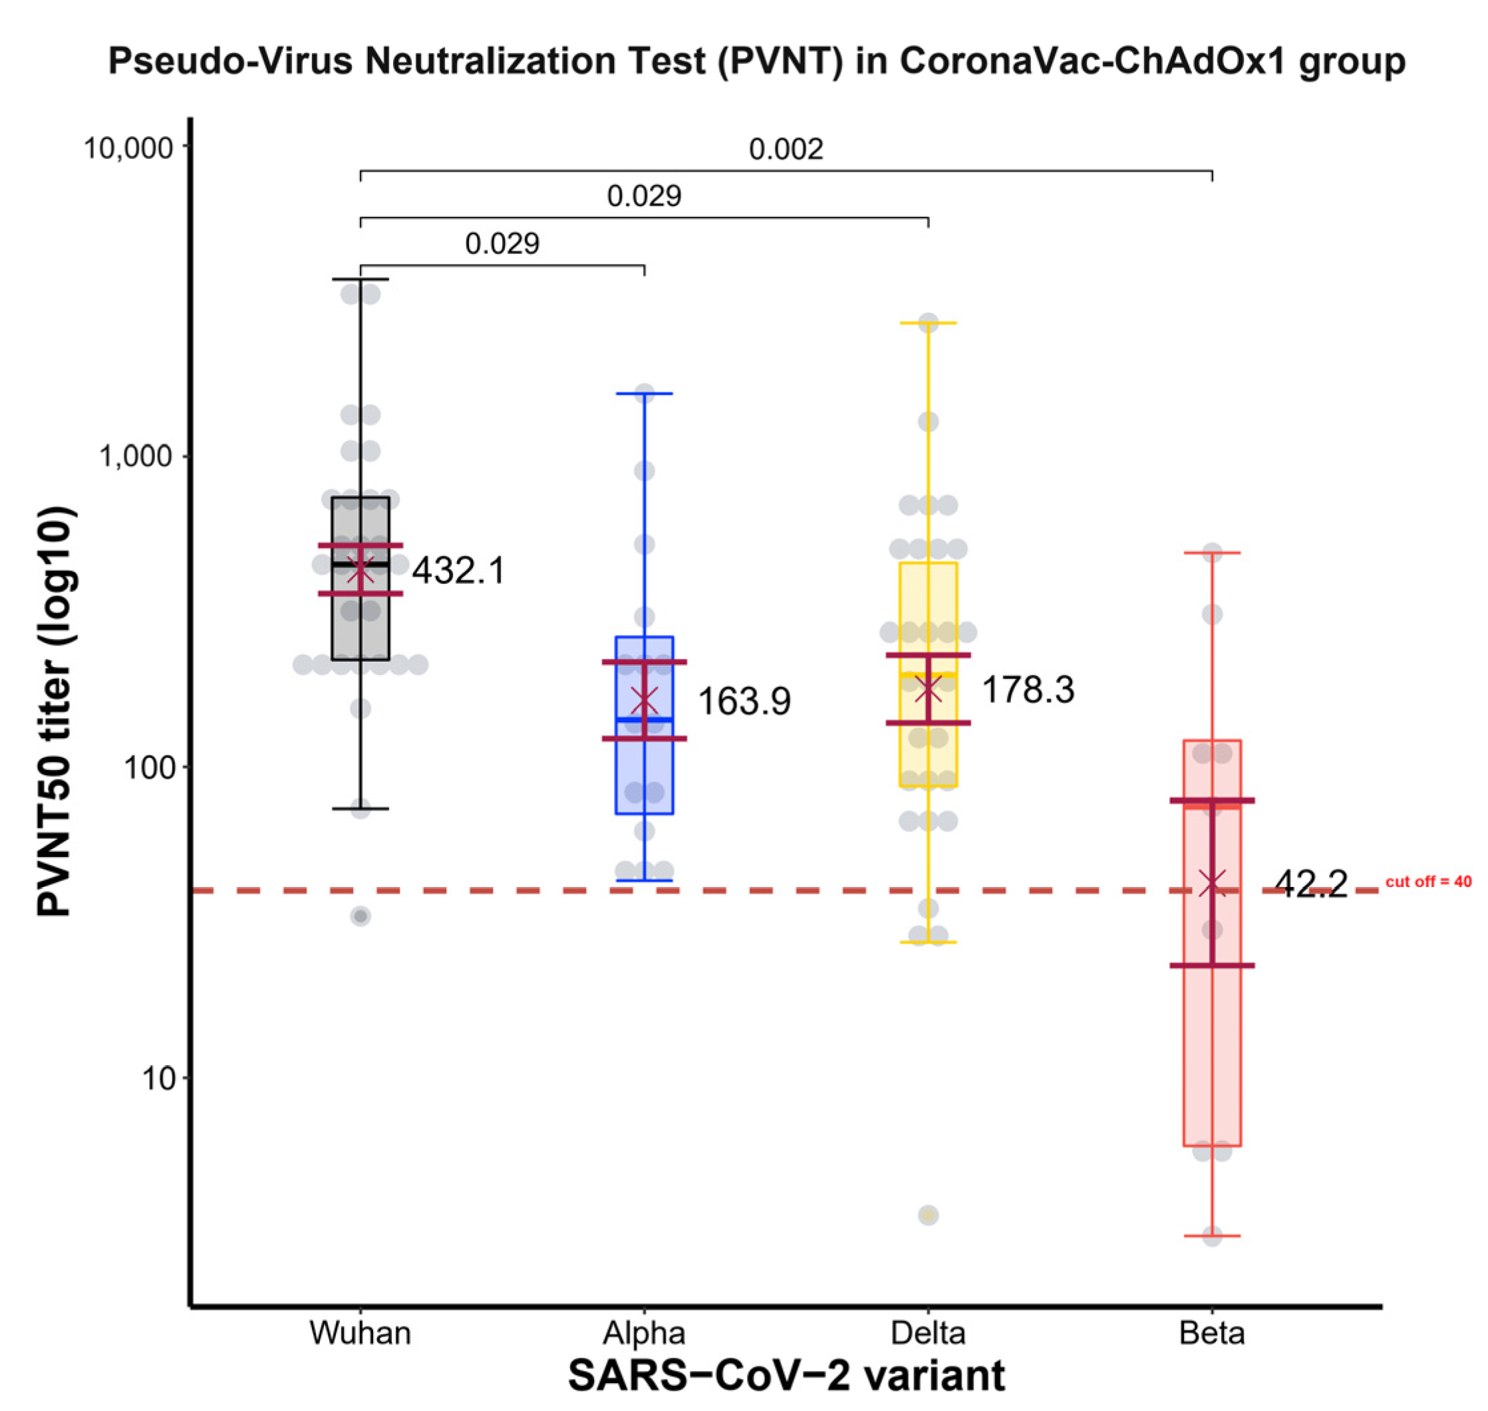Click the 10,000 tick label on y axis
[128, 148]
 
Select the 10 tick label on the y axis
[157, 1078]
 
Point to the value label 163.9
[743, 701]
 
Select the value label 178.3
[1028, 689]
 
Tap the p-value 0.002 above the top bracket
[786, 149]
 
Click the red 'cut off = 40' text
[1428, 882]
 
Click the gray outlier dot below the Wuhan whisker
[361, 916]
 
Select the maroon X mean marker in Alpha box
[644, 700]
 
